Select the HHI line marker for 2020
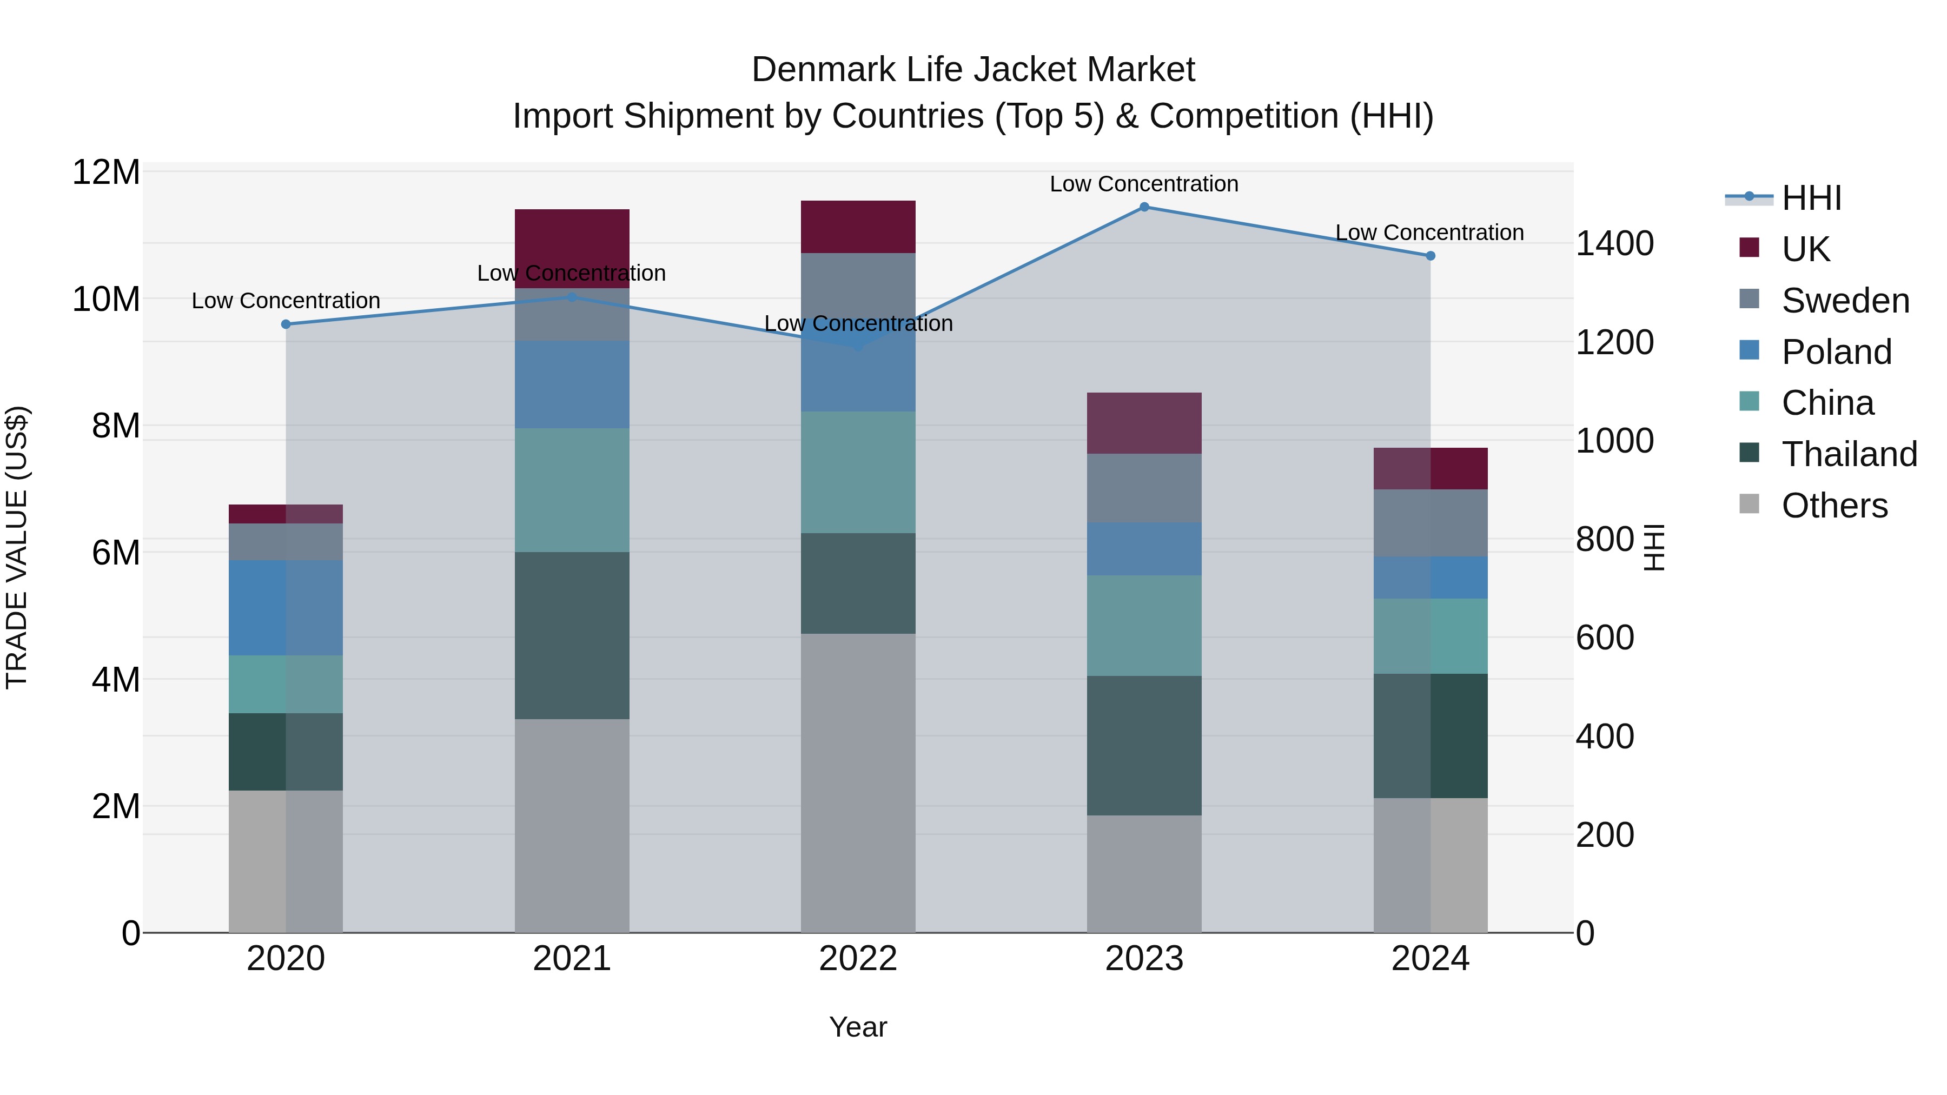(x=286, y=324)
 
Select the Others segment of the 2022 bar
(x=858, y=783)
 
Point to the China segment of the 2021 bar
(x=572, y=490)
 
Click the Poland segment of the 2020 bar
(x=286, y=608)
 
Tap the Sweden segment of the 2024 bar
(x=1430, y=523)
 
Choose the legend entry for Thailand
(x=1849, y=454)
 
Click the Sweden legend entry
(x=1845, y=301)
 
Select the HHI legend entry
(x=1811, y=198)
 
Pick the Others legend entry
(x=1835, y=506)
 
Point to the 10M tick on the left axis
(x=106, y=299)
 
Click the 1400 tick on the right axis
(x=1614, y=243)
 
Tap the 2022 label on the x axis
(x=858, y=959)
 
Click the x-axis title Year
(x=858, y=1027)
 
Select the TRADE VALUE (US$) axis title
(x=17, y=547)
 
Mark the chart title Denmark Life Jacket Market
(x=973, y=70)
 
